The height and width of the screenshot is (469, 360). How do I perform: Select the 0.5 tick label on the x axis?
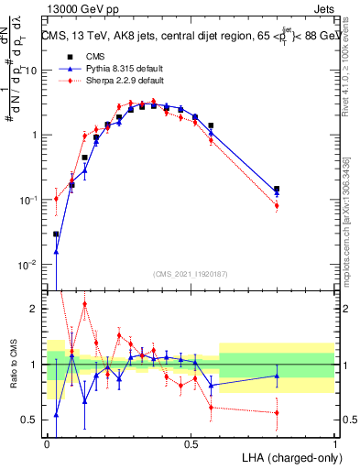click(191, 442)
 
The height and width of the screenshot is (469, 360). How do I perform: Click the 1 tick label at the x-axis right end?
click(334, 442)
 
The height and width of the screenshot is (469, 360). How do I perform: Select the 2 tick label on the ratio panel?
click(36, 309)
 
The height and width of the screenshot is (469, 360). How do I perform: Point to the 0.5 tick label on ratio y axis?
click(30, 420)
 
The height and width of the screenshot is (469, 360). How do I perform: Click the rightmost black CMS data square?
click(277, 189)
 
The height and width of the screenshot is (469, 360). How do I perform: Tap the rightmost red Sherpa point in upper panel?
click(277, 205)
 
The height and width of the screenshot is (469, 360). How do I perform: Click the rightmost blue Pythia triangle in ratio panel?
click(277, 376)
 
